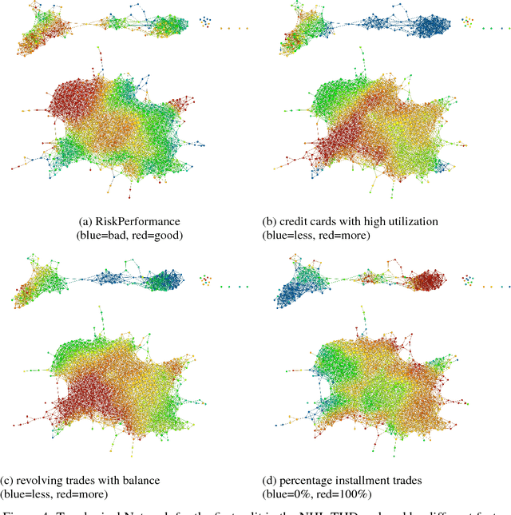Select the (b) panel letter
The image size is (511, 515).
tap(270, 220)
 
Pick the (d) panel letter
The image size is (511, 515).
tap(270, 480)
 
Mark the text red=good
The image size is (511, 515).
tap(158, 235)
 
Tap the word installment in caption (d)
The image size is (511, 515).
tap(366, 480)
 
